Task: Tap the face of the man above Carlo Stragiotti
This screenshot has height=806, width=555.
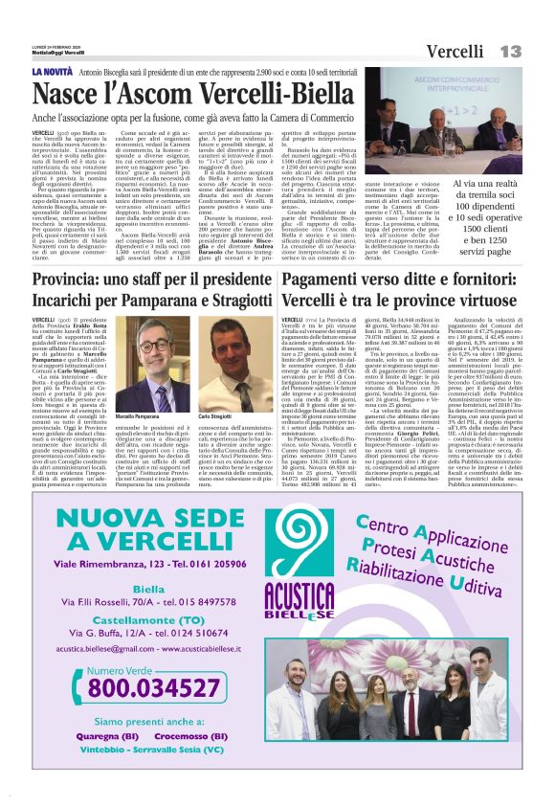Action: click(231, 340)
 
